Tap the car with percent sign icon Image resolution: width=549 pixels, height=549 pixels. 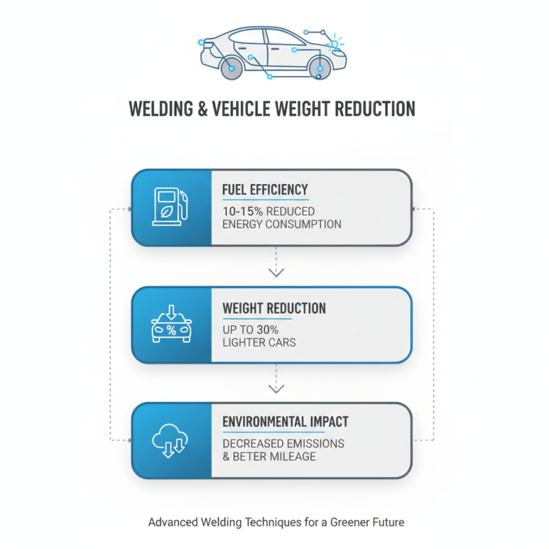pos(171,325)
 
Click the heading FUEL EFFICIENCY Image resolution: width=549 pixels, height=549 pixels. pos(265,189)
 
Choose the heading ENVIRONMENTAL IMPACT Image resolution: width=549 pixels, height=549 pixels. pos(285,422)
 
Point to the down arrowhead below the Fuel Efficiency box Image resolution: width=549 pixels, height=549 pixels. pos(275,272)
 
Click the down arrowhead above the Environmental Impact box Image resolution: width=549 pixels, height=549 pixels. pos(275,388)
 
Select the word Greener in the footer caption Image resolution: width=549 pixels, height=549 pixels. pos(328,522)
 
